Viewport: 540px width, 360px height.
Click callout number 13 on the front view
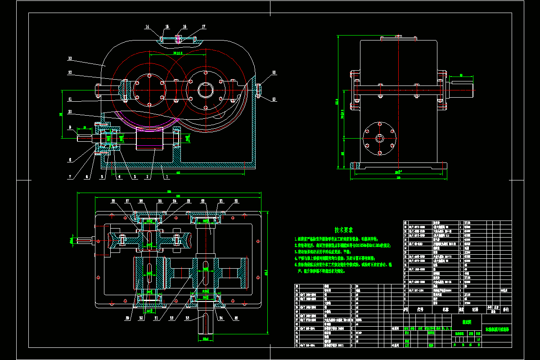70,58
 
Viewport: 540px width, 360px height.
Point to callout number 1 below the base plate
167,177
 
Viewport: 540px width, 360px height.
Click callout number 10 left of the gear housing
70,112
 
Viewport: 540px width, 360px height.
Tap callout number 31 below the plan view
157,318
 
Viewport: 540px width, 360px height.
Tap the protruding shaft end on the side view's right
462,85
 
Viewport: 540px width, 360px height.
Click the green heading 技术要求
343,229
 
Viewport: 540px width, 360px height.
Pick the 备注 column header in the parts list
506,310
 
